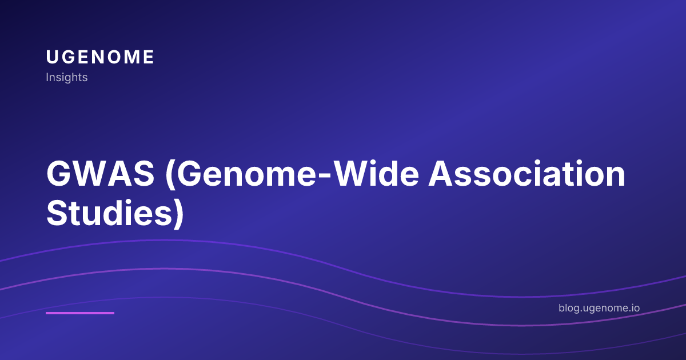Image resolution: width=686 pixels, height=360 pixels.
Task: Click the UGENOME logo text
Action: pos(100,57)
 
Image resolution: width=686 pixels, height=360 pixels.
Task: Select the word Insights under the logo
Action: pos(66,77)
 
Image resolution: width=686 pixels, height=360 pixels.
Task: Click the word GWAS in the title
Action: pos(100,175)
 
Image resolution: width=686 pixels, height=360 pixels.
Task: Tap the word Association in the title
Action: pos(527,175)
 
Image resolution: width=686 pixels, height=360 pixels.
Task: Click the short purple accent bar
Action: pos(80,313)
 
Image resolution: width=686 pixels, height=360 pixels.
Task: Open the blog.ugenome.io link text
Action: pos(599,309)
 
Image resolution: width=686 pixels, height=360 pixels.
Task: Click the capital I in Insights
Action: pos(47,77)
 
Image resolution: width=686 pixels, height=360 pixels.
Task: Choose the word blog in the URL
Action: pos(569,309)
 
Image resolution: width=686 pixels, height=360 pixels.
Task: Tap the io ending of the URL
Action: pos(635,309)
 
